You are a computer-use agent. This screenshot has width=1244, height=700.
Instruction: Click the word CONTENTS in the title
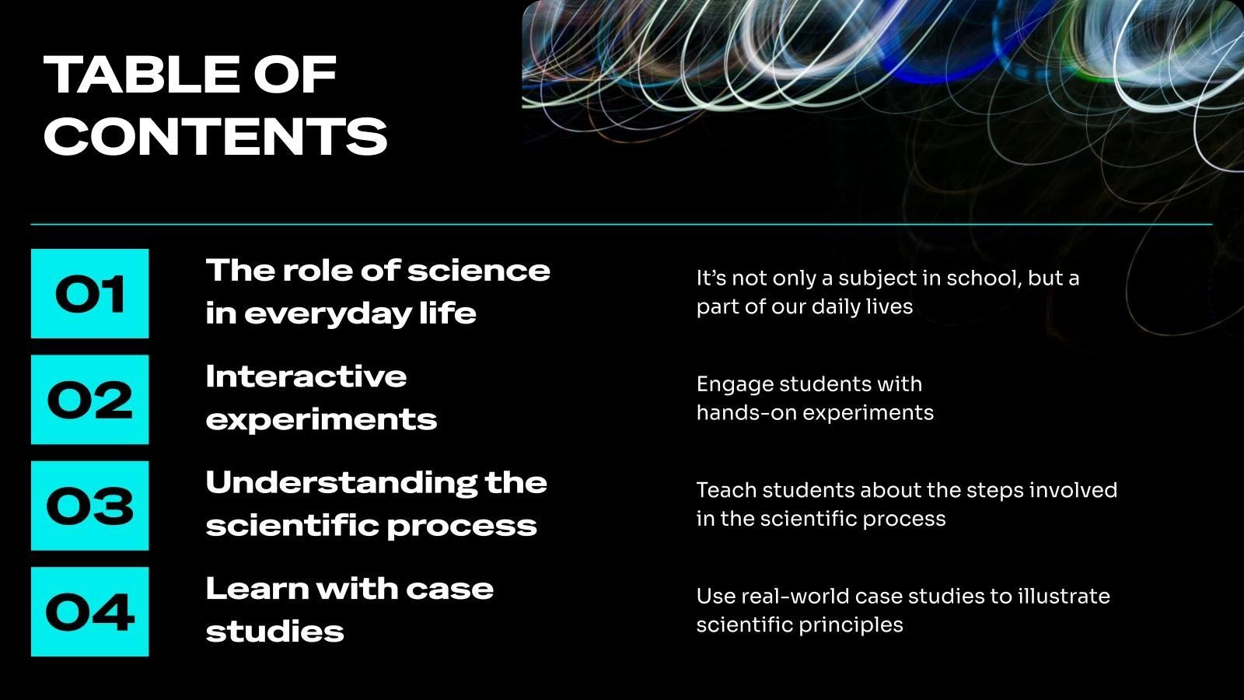pyautogui.click(x=215, y=136)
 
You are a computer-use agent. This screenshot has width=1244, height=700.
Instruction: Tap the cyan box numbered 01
pyautogui.click(x=90, y=293)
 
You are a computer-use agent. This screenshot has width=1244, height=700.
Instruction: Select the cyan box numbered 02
pyautogui.click(x=90, y=400)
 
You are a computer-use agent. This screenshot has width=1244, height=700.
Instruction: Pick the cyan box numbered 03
pyautogui.click(x=90, y=506)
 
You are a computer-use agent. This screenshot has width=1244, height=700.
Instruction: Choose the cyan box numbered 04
pyautogui.click(x=90, y=611)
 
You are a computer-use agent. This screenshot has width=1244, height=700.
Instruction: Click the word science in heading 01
pyautogui.click(x=479, y=271)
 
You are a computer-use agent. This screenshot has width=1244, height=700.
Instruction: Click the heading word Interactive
pyautogui.click(x=306, y=376)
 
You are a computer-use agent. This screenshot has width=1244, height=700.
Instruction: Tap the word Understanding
pyautogui.click(x=341, y=484)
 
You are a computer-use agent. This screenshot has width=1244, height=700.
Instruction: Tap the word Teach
pyautogui.click(x=726, y=490)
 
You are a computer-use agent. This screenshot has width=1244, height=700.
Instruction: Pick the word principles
pyautogui.click(x=851, y=626)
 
